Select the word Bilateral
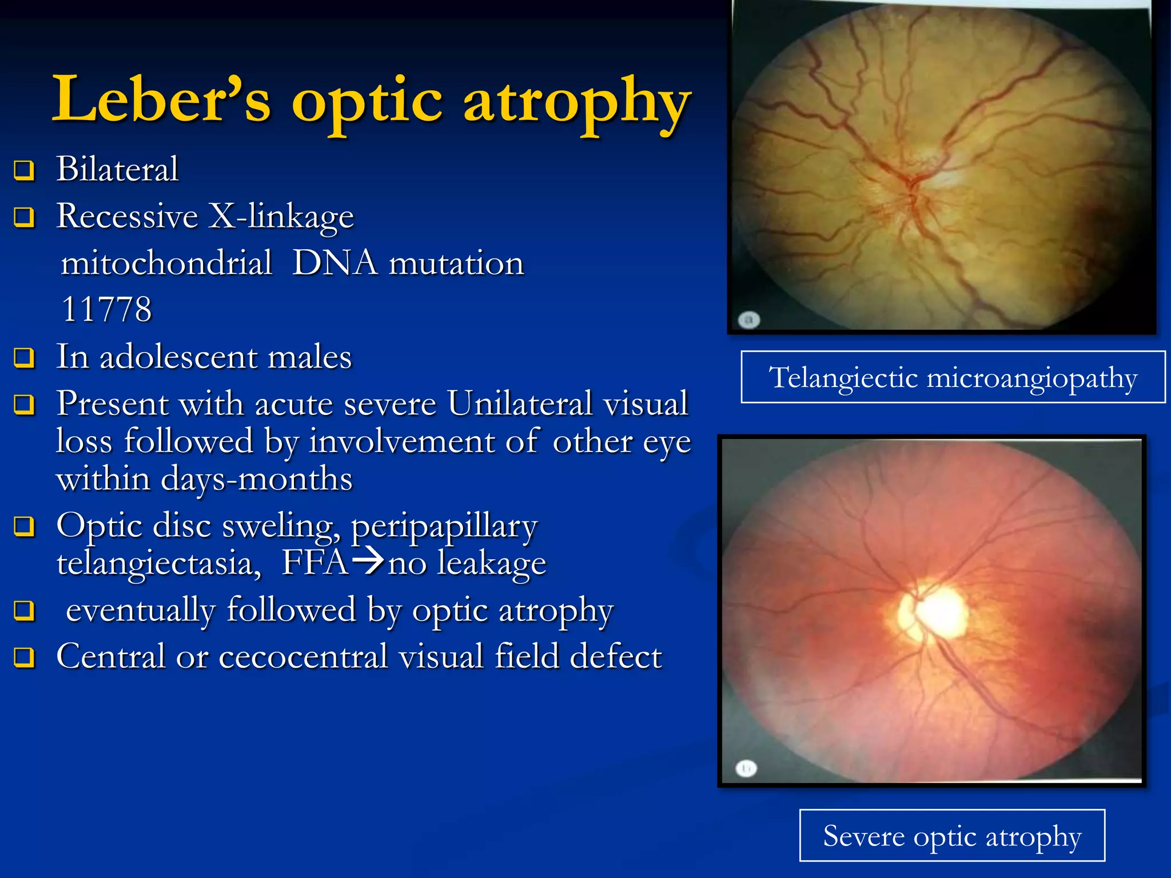(117, 169)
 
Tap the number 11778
(106, 309)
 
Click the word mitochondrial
(166, 264)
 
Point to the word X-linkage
(281, 217)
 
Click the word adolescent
(178, 357)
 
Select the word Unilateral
(520, 404)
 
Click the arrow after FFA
(367, 561)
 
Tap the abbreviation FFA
(315, 562)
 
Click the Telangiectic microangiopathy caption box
(953, 377)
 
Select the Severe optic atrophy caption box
(952, 836)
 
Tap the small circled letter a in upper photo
(748, 320)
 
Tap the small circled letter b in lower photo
(746, 768)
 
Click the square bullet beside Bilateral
(24, 170)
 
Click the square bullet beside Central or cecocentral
(24, 657)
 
